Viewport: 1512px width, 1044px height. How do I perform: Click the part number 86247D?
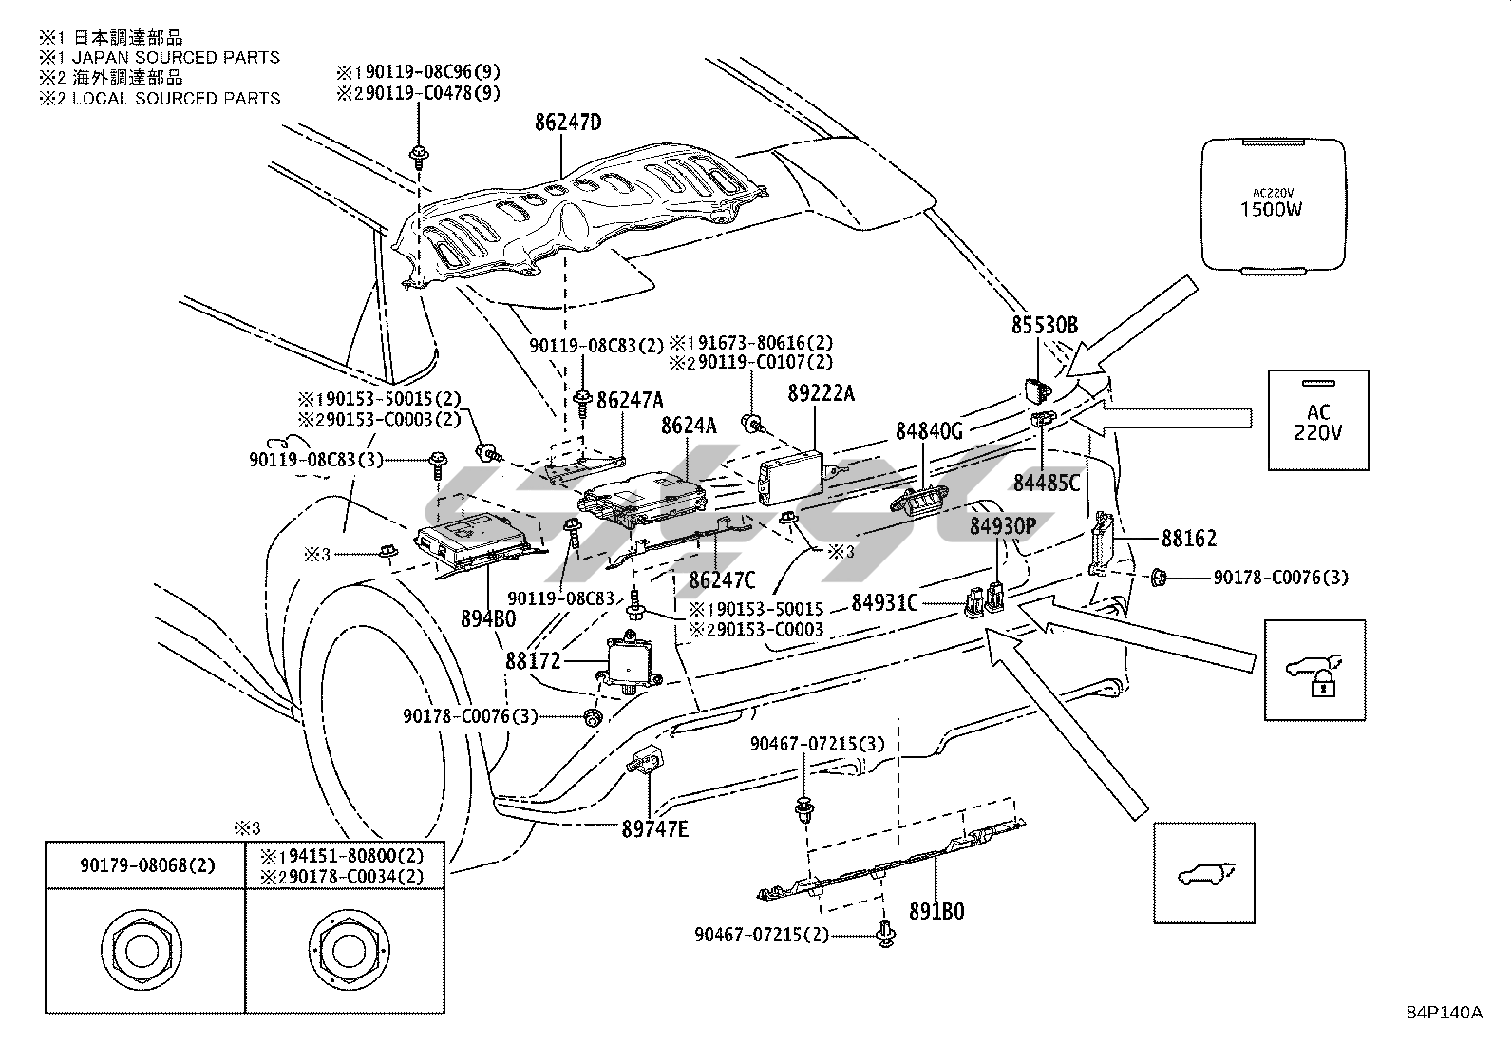(568, 123)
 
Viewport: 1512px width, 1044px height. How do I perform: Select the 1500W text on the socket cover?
(1271, 208)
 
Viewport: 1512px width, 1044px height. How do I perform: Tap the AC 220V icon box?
(1318, 420)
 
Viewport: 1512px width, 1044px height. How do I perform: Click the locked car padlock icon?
(1315, 670)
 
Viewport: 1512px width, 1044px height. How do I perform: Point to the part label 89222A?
(821, 391)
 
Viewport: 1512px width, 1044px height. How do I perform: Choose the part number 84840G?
(929, 431)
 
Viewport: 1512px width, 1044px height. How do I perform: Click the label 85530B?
(1044, 326)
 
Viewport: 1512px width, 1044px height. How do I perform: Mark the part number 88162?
(1188, 539)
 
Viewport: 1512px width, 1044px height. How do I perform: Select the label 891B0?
(937, 911)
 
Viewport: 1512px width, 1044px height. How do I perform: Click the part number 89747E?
(655, 828)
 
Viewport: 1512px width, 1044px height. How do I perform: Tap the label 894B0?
(488, 619)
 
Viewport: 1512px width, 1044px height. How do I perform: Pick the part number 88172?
(533, 659)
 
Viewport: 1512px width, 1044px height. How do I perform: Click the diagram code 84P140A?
(1444, 1013)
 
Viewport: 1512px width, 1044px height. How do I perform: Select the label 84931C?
(884, 602)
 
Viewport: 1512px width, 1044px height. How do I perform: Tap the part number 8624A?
(689, 427)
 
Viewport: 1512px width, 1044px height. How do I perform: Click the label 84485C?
(1046, 483)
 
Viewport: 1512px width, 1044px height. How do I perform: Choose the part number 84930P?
(1002, 525)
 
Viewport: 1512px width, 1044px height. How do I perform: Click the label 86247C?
(722, 579)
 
